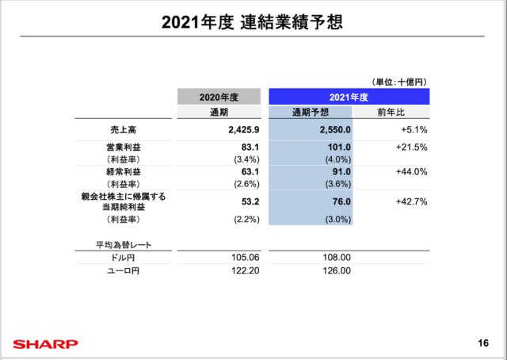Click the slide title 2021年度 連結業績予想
[x=253, y=21]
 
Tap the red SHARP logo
[x=45, y=344]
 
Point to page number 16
[x=484, y=343]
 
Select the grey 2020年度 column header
[x=219, y=97]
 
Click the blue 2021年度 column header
[x=349, y=97]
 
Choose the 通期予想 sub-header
[x=310, y=113]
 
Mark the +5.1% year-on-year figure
[x=414, y=129]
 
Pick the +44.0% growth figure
[x=411, y=171]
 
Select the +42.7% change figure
[x=411, y=201]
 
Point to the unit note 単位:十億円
[x=399, y=80]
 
